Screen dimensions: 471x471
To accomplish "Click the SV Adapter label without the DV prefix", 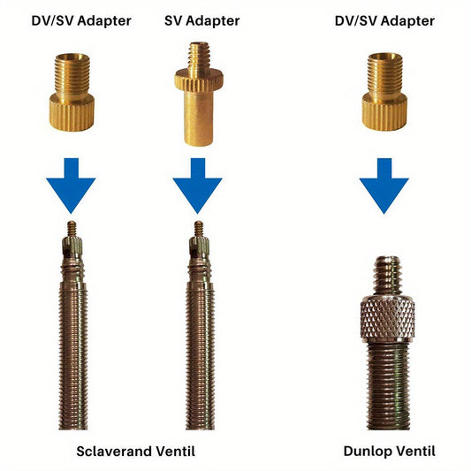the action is point(201,21).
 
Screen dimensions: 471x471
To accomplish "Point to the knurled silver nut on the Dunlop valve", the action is point(388,319).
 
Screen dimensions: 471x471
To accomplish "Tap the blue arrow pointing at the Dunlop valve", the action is point(384,186).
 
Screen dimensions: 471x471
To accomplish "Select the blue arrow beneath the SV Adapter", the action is point(197,186).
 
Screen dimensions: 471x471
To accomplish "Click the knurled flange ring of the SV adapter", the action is point(199,80).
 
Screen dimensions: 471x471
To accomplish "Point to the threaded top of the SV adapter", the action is point(199,56).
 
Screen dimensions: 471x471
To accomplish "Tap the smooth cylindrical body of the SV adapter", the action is point(199,118).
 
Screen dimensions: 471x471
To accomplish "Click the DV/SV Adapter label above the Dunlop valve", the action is point(384,21).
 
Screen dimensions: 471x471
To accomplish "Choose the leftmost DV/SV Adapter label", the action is point(81,21).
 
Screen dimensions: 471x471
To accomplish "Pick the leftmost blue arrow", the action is point(71,186).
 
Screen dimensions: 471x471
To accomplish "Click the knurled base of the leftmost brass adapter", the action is point(72,112).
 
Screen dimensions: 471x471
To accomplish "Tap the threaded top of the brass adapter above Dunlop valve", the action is point(384,72).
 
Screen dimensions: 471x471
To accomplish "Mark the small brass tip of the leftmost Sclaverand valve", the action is point(72,229).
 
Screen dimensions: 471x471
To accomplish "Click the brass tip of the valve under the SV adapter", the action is point(199,229).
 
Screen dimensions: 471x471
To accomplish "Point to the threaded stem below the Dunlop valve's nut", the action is point(389,386).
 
